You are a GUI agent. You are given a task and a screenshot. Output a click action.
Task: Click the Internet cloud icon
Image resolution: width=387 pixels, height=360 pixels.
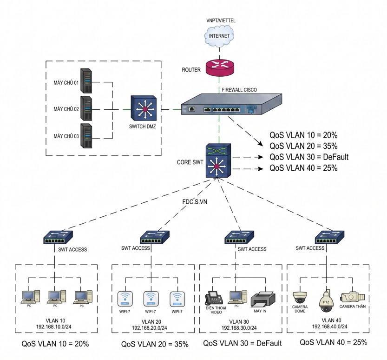pyautogui.click(x=219, y=36)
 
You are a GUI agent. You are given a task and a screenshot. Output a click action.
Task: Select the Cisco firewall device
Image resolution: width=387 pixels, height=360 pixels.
pyautogui.click(x=231, y=104)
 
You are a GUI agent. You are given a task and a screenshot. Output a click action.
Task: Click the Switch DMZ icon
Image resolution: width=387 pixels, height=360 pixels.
pyautogui.click(x=144, y=108)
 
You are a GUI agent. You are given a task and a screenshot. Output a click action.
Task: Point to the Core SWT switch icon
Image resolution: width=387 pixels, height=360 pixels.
pyautogui.click(x=218, y=160)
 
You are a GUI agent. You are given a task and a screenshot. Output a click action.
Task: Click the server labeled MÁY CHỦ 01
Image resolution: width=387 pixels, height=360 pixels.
pyautogui.click(x=86, y=81)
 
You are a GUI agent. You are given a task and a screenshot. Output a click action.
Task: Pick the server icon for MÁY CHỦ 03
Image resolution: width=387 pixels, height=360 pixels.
pyautogui.click(x=86, y=136)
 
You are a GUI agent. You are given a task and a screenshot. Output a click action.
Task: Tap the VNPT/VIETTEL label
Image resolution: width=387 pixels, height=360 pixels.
pyautogui.click(x=221, y=20)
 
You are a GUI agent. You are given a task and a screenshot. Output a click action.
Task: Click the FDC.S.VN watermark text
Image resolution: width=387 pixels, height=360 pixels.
pyautogui.click(x=195, y=201)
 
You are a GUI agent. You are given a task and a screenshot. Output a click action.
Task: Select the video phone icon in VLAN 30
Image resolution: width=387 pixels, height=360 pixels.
pyautogui.click(x=214, y=298)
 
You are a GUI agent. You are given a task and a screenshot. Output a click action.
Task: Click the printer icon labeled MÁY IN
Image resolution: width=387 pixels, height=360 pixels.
pyautogui.click(x=263, y=299)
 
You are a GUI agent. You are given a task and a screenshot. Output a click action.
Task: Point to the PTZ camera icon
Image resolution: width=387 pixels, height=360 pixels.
pyautogui.click(x=326, y=301)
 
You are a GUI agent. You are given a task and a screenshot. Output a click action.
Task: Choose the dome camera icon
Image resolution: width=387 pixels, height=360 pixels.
pyautogui.click(x=300, y=297)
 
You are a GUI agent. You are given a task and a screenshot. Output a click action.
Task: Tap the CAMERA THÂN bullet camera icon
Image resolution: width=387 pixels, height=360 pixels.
pyautogui.click(x=352, y=297)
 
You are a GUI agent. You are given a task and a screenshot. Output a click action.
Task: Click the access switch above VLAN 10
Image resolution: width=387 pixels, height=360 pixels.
pyautogui.click(x=58, y=238)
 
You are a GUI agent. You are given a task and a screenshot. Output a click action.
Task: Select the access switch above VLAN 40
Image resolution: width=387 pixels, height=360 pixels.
pyautogui.click(x=329, y=237)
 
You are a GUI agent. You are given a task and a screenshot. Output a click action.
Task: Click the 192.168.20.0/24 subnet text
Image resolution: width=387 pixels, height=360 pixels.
pyautogui.click(x=149, y=328)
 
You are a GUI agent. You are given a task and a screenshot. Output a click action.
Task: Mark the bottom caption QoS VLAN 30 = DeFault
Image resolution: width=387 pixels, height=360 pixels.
pyautogui.click(x=243, y=343)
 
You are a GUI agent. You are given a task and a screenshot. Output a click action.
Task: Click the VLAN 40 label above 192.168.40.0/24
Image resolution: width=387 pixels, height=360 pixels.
pyautogui.click(x=331, y=320)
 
